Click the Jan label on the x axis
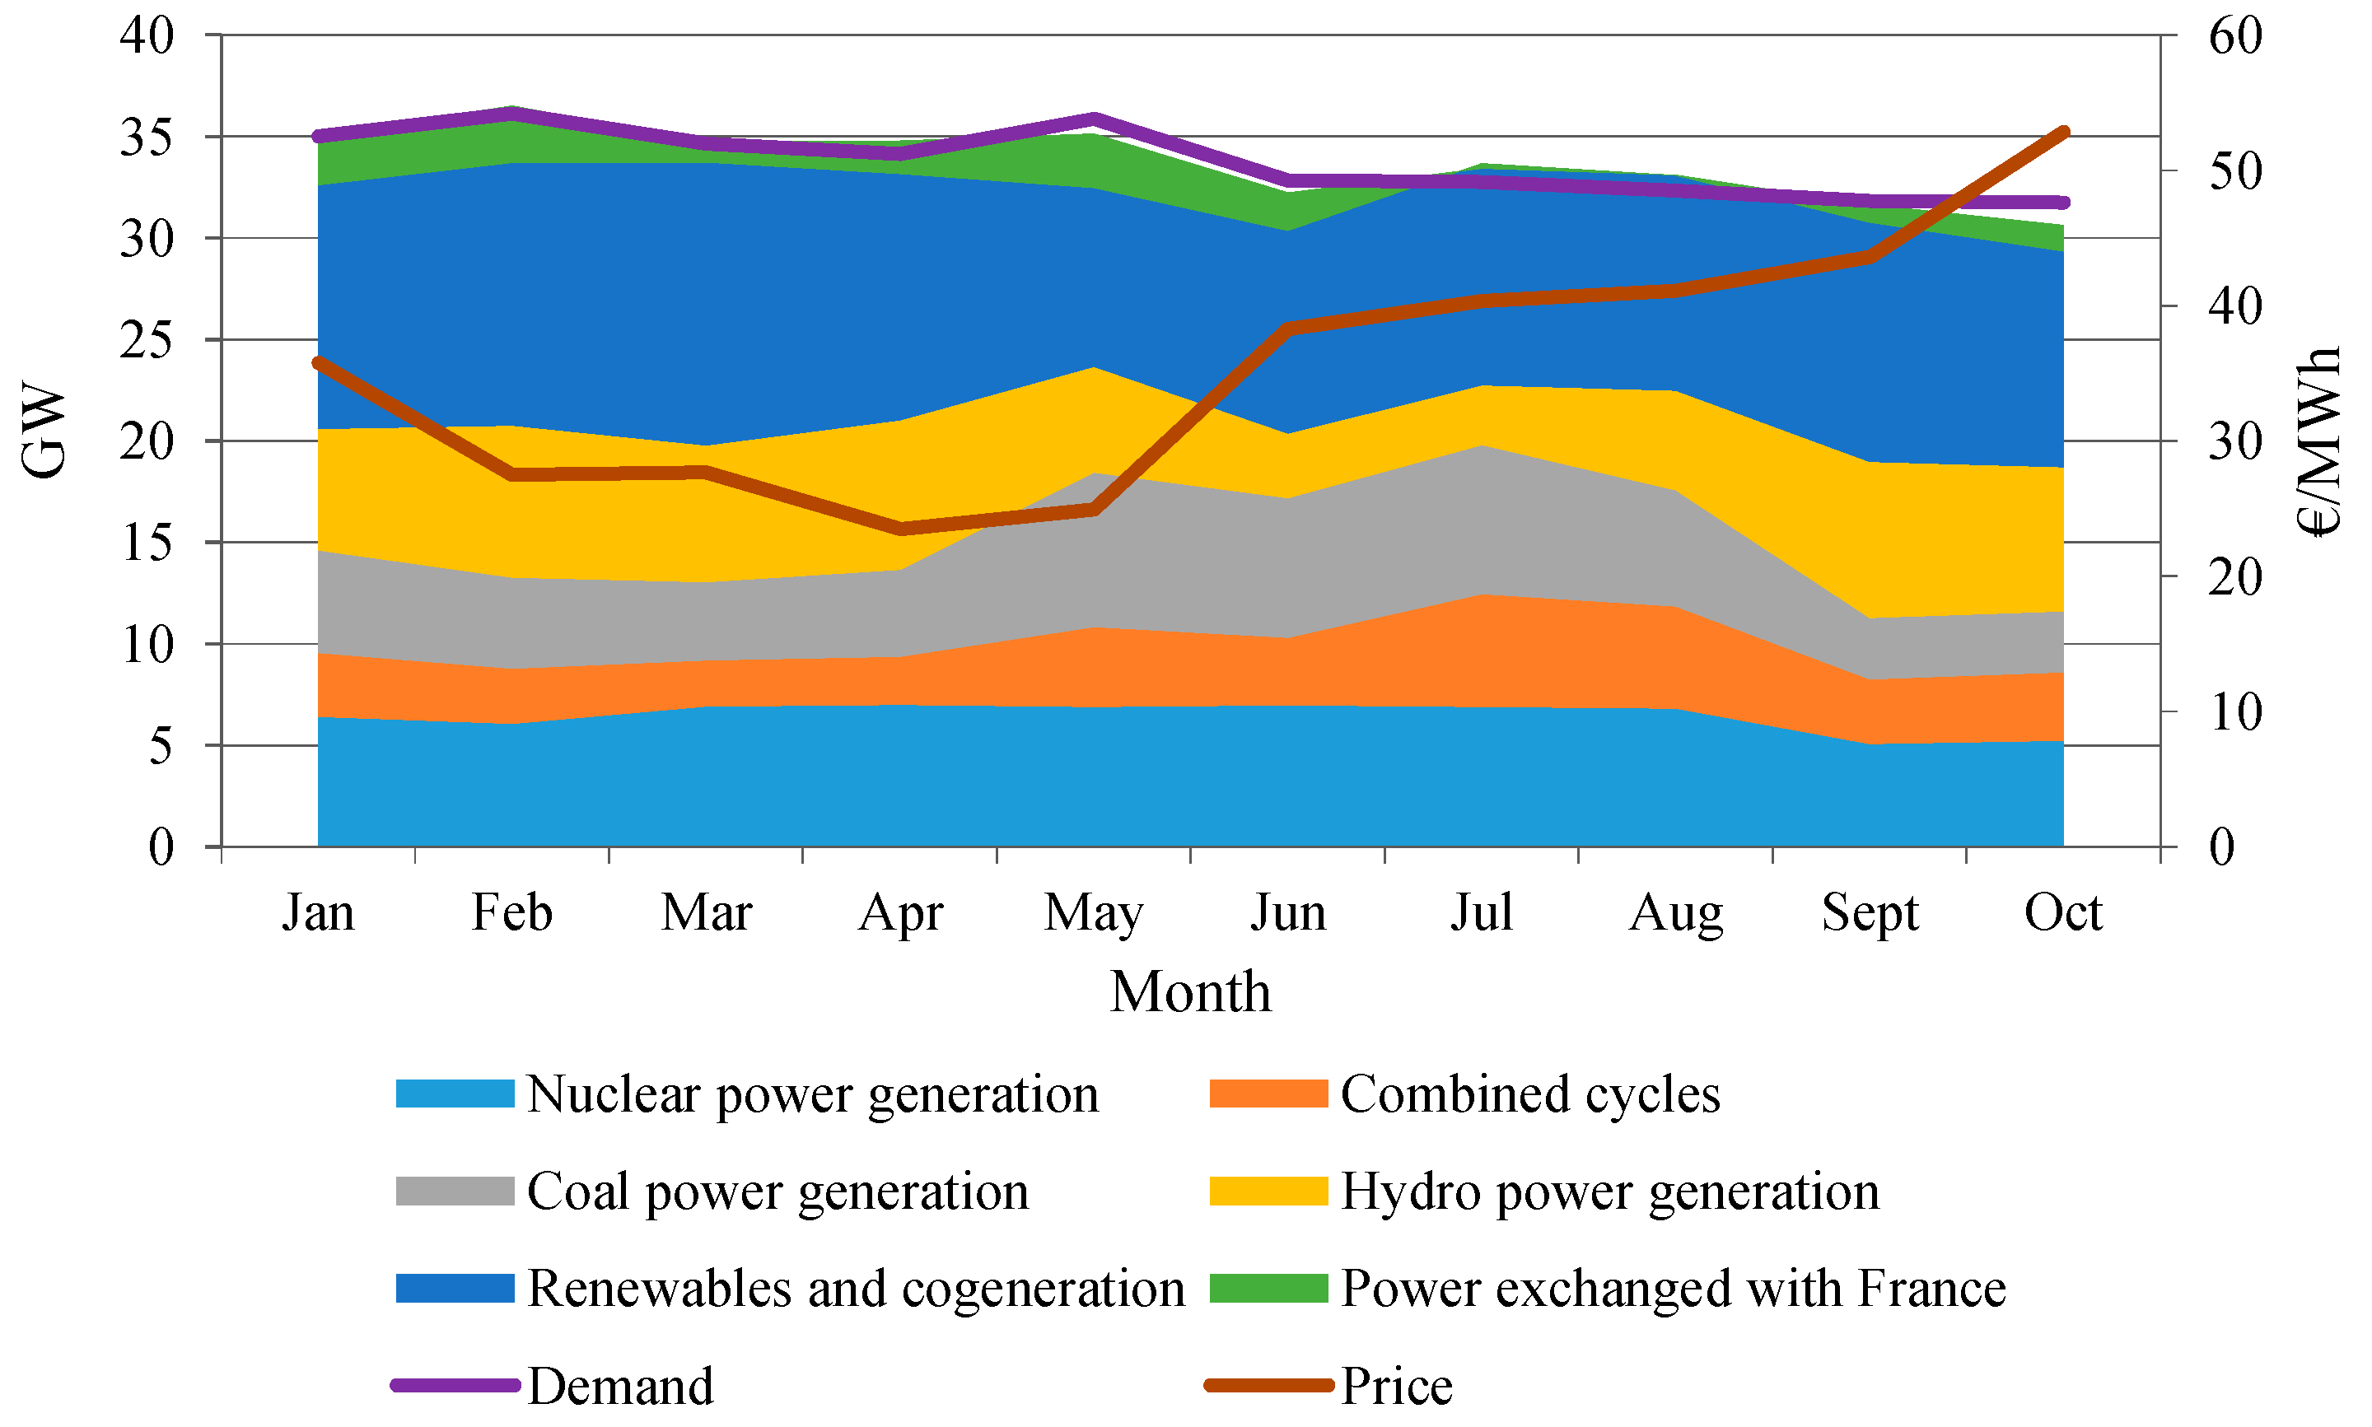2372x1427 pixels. [x=318, y=912]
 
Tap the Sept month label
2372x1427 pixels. [x=1869, y=912]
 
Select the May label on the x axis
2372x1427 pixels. [x=1093, y=912]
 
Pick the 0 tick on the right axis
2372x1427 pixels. [x=2222, y=847]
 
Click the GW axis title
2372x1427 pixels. [x=44, y=430]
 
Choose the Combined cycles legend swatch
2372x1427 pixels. [x=1268, y=1094]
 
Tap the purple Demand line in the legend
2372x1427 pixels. [x=455, y=1386]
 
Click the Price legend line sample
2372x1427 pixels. [x=1268, y=1386]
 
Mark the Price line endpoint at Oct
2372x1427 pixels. [x=2062, y=132]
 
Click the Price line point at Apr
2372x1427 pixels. [x=901, y=529]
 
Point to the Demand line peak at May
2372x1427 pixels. [x=1093, y=119]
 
